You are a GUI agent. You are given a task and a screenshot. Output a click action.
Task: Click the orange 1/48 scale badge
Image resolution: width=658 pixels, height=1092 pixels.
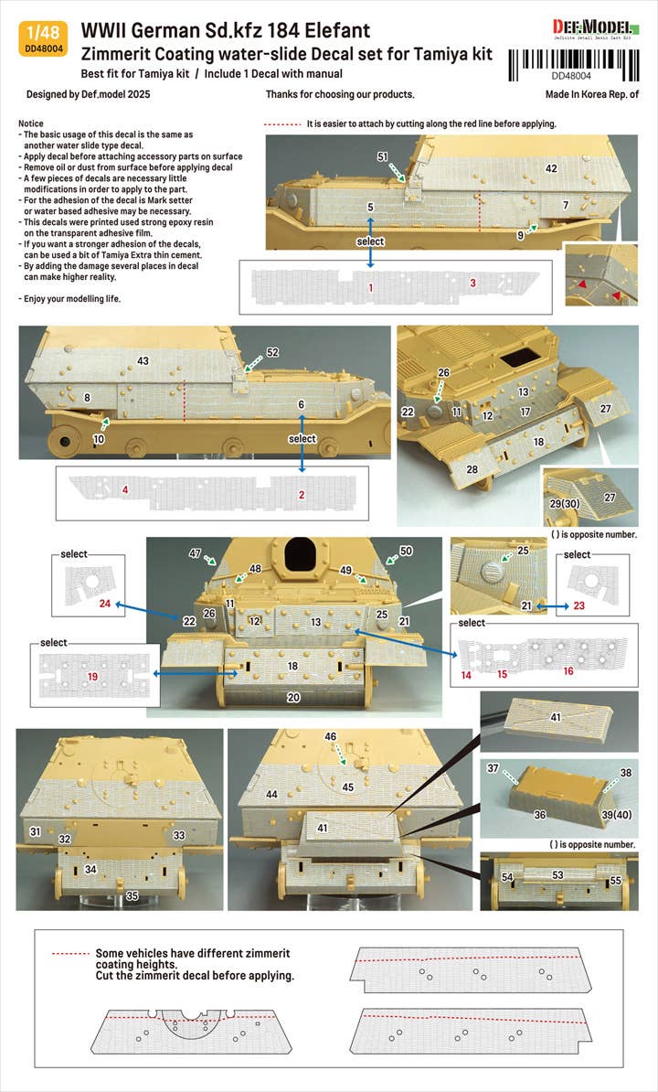pos(43,39)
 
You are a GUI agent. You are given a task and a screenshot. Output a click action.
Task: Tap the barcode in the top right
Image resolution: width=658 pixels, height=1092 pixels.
pos(574,65)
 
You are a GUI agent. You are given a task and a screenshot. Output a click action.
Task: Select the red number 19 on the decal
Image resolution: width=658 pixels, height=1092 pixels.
pos(92,676)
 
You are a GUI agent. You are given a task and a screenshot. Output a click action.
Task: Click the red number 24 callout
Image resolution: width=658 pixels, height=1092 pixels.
pos(105,603)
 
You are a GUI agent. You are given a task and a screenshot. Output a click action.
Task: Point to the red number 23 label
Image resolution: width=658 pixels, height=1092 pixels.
pos(578,605)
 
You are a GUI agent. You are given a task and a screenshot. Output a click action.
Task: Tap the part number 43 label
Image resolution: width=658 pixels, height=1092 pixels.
pos(143,360)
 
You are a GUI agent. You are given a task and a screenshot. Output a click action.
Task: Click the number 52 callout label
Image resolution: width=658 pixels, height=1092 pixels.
pos(272,352)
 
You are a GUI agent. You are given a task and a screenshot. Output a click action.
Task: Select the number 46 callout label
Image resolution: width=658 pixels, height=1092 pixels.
pos(331,736)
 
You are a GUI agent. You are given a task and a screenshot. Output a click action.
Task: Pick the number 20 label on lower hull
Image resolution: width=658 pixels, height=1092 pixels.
pos(293,697)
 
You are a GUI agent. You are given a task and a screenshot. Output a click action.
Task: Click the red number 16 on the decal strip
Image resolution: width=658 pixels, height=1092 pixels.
pos(568,670)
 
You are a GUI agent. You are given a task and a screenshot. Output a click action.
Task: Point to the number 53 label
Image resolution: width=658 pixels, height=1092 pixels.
pos(557,874)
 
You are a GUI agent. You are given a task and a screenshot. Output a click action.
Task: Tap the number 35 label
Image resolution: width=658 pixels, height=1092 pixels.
pos(132,895)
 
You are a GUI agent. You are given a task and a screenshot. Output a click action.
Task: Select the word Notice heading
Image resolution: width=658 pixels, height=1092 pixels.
pos(30,123)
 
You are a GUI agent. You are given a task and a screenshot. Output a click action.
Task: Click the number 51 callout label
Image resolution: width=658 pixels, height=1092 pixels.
pos(383,157)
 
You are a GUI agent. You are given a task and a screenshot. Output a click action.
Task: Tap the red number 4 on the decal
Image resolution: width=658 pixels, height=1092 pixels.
pos(125,490)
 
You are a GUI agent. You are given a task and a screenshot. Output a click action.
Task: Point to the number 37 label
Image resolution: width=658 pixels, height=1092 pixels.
pos(493,768)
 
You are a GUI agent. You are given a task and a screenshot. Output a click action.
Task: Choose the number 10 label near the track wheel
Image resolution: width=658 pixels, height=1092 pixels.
pos(99,439)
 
